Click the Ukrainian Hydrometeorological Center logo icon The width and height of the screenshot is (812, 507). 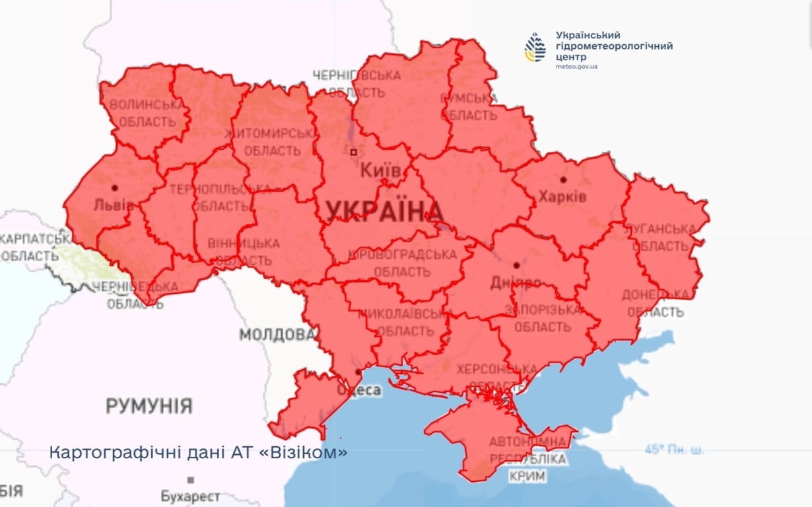pos(535,48)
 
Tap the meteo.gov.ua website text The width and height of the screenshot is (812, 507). pos(576,67)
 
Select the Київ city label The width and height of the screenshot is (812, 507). pos(380,171)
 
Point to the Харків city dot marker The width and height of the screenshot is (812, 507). pos(563,179)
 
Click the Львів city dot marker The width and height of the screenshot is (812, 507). pos(115,187)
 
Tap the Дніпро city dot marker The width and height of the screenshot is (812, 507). pos(517,265)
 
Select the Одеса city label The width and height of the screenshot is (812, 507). pos(360,390)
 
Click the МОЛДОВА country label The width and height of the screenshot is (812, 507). pos(277,335)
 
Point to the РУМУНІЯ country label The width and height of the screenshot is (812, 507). pos(149,405)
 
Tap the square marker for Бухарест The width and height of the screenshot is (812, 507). pos(191,480)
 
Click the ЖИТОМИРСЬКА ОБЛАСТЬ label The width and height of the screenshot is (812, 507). pos(271,141)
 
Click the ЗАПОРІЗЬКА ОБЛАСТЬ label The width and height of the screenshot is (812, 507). pos(543,318)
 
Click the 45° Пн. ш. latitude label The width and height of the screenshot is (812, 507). pos(674,450)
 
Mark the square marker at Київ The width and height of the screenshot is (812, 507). pos(354,152)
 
